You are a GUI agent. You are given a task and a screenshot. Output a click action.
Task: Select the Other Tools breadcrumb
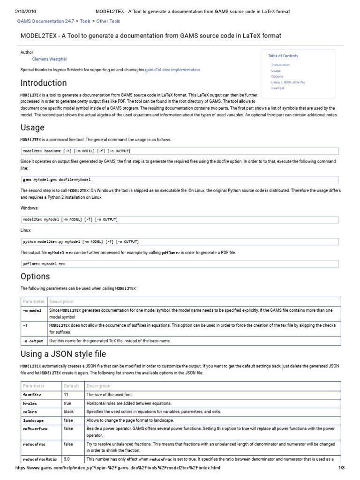[108, 22]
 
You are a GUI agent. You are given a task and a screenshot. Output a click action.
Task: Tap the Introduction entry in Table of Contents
[280, 65]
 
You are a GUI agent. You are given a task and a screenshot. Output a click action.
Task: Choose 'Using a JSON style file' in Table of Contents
[288, 82]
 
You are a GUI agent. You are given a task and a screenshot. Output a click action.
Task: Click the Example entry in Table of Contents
[277, 88]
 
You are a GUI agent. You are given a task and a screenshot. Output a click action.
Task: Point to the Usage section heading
[33, 127]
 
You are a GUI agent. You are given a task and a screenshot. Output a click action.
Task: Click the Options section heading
[35, 276]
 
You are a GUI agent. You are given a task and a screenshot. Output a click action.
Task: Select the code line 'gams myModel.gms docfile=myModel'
[57, 180]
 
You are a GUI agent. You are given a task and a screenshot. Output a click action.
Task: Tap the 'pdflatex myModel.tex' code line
[45, 264]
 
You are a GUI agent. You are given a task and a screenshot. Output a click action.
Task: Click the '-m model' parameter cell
[32, 310]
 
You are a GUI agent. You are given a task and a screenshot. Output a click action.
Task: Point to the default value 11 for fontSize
[66, 395]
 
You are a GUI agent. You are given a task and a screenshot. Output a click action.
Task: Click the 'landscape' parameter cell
[33, 420]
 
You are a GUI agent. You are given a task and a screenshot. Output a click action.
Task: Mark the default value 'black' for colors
[69, 412]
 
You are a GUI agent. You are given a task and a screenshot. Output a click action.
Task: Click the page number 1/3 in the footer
[341, 468]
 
